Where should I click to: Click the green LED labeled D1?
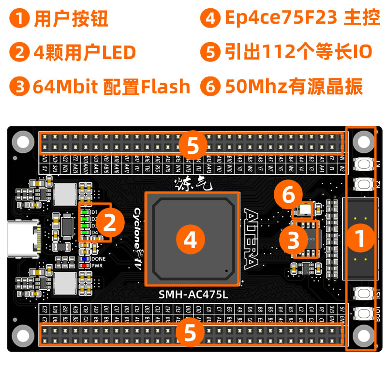click(84, 212)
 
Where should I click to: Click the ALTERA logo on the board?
click(252, 239)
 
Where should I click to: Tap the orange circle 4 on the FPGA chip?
click(191, 239)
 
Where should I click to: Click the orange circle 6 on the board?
click(288, 196)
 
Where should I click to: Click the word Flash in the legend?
click(165, 87)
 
